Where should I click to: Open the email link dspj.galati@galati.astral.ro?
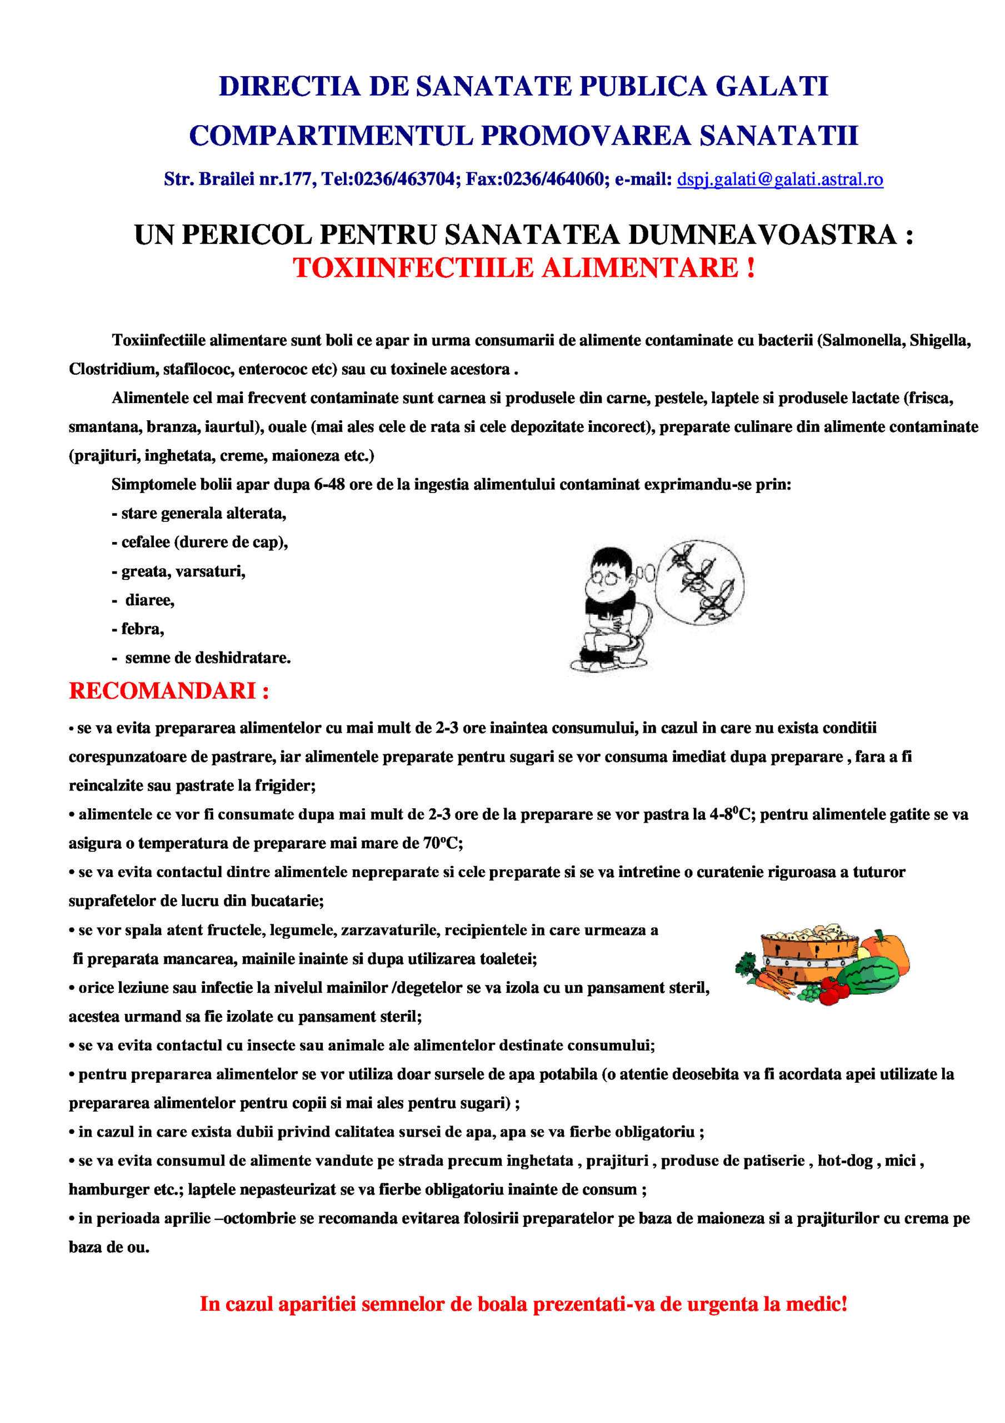click(x=779, y=179)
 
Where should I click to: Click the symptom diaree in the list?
click(x=150, y=600)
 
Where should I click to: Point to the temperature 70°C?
click(x=442, y=843)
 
